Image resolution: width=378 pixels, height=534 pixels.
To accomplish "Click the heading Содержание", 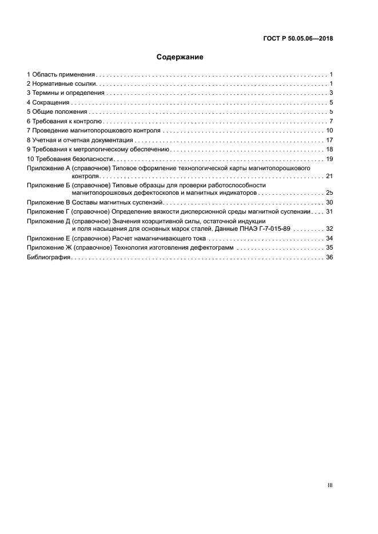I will pyautogui.click(x=180, y=57).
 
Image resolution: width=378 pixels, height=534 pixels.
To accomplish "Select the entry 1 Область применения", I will pyautogui.click(x=61, y=75).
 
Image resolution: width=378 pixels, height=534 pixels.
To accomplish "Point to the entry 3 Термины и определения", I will pyautogui.click(x=66, y=93).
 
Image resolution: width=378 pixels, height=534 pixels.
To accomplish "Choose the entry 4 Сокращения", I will pyautogui.click(x=49, y=103).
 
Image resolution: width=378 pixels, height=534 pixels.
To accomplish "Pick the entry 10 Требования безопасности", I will pyautogui.click(x=70, y=159).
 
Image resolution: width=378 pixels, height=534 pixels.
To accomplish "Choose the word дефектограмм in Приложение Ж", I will pyautogui.click(x=212, y=248).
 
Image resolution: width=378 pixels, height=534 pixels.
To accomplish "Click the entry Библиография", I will pyautogui.click(x=49, y=258).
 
